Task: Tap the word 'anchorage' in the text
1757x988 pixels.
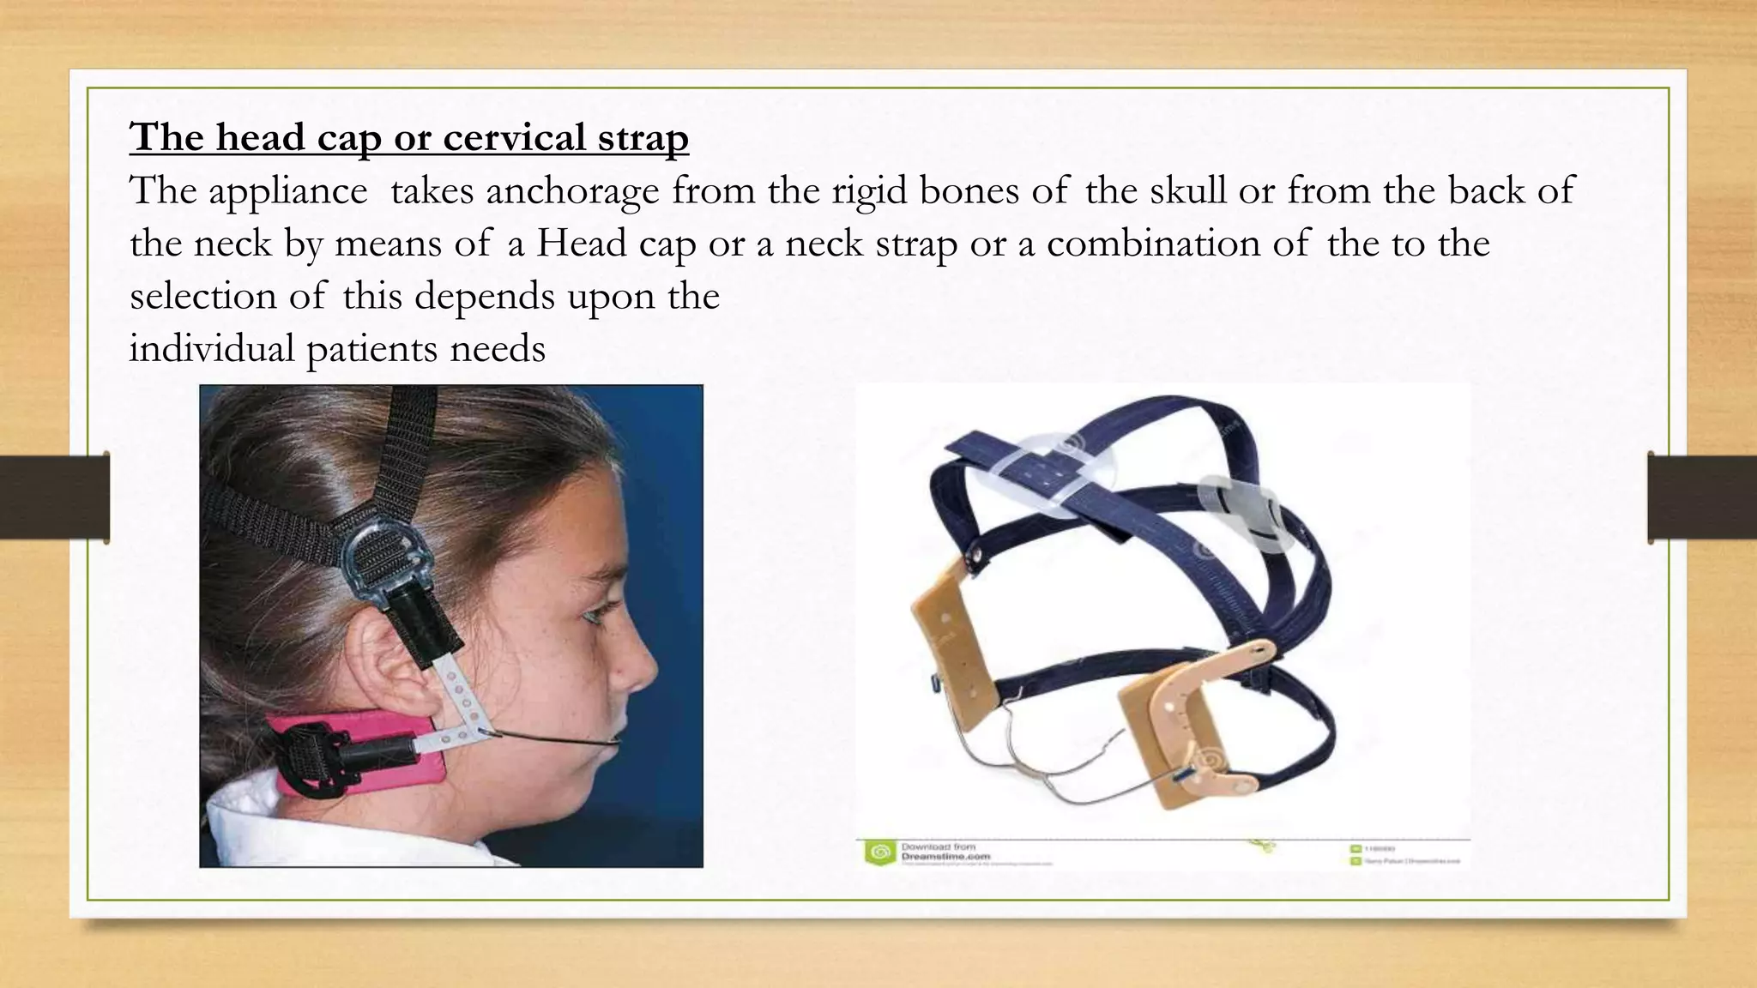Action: pos(572,190)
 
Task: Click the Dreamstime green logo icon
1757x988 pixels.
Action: pos(878,852)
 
